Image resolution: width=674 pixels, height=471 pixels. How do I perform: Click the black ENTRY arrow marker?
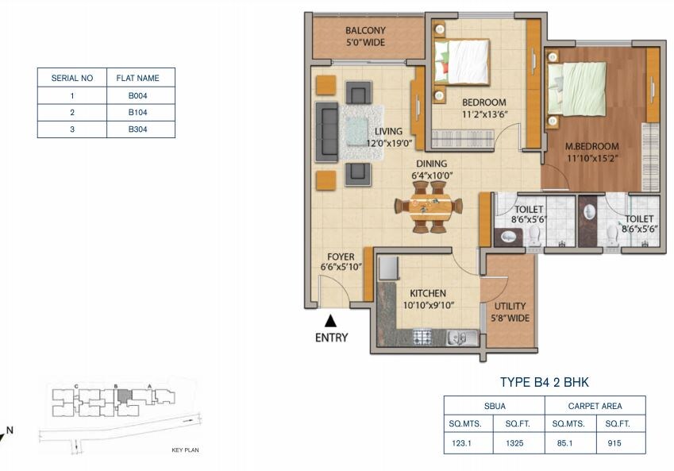tap(331, 320)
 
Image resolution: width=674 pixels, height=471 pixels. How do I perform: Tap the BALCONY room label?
tap(365, 31)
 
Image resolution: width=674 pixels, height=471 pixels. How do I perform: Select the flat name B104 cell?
tap(138, 112)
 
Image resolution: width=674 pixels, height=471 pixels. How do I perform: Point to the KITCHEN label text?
tap(428, 293)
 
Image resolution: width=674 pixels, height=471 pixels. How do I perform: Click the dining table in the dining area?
tap(429, 206)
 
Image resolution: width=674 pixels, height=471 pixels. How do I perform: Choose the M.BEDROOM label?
tap(591, 146)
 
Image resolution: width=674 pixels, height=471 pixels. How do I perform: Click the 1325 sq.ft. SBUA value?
tap(519, 444)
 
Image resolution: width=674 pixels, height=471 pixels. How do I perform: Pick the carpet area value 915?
tap(621, 444)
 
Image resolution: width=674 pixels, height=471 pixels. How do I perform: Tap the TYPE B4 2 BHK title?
tap(544, 382)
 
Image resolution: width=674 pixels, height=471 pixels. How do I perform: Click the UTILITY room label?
tap(510, 306)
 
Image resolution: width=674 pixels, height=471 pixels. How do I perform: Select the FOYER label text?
tap(341, 257)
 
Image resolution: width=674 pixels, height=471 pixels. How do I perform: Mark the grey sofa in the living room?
tap(325, 131)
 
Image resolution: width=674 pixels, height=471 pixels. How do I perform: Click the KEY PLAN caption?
tap(184, 450)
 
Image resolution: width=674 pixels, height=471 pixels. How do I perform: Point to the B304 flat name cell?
tap(138, 129)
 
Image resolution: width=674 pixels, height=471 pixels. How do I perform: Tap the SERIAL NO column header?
tap(72, 78)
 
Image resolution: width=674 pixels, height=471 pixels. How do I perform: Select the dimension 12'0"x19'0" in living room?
tap(384, 143)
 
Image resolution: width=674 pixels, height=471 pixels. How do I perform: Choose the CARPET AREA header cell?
tap(595, 406)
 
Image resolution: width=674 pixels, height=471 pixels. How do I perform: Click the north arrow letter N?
tap(10, 430)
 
